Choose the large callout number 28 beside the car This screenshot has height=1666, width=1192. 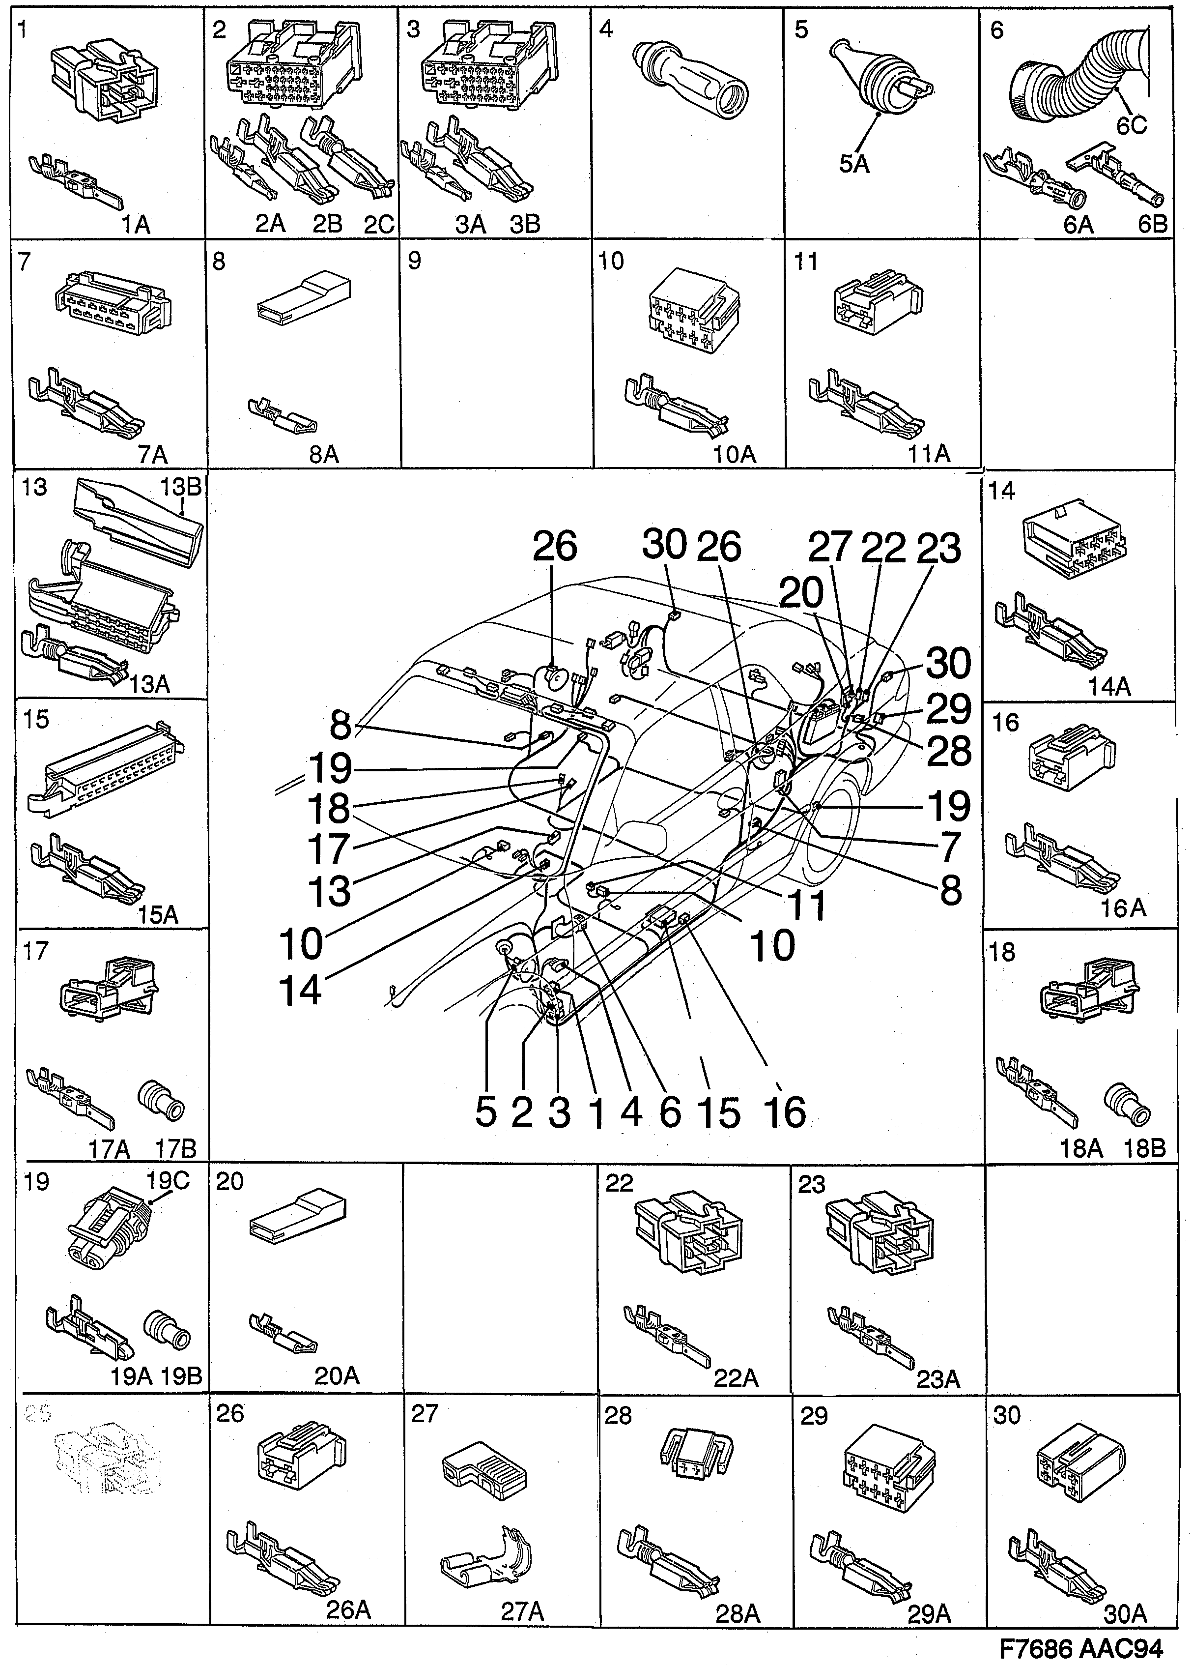coord(949,752)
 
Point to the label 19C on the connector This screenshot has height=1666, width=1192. coord(168,1180)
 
